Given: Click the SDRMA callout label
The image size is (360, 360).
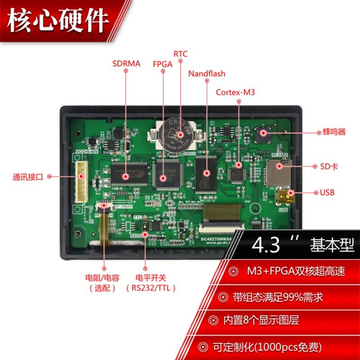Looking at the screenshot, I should pyautogui.click(x=126, y=64).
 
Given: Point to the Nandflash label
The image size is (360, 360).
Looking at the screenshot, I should pyautogui.click(x=207, y=73).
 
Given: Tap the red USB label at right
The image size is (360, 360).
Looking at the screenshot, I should pyautogui.click(x=328, y=193).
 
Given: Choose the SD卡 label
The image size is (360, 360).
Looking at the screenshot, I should pyautogui.click(x=328, y=166).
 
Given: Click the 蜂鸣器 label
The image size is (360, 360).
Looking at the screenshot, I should pyautogui.click(x=334, y=132).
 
